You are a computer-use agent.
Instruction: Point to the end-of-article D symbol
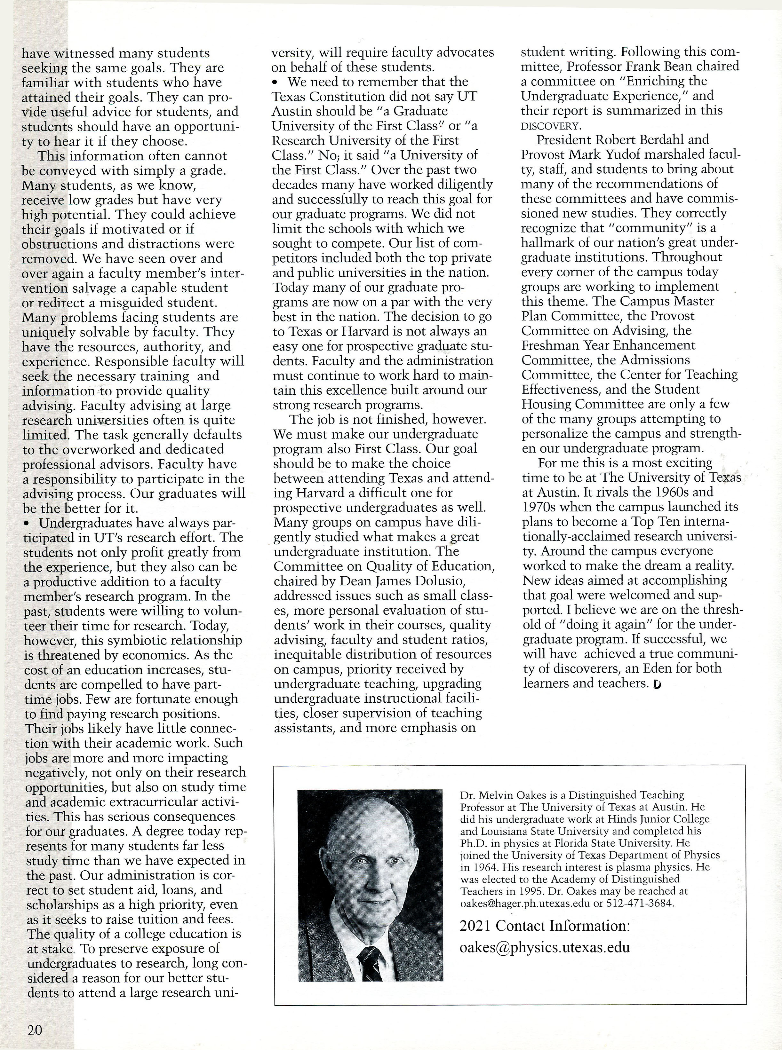click(x=657, y=684)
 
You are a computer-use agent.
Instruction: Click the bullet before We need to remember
click(x=276, y=82)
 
